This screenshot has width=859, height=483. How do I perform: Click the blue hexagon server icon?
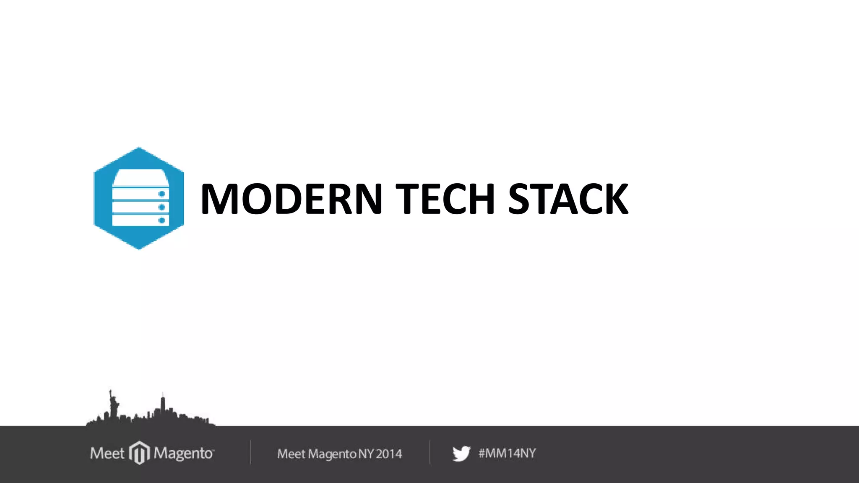(x=138, y=198)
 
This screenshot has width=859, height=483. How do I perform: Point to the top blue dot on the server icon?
(x=161, y=194)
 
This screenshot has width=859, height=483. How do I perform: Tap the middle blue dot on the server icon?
(x=161, y=207)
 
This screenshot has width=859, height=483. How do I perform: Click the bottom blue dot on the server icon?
(x=161, y=220)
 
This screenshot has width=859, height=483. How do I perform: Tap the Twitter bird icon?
(x=461, y=454)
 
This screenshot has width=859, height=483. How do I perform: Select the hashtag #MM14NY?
(x=507, y=453)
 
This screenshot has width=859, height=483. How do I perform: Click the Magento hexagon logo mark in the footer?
(x=139, y=453)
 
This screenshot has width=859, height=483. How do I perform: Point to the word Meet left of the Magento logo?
(x=107, y=453)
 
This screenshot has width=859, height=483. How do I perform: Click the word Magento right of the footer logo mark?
(x=183, y=454)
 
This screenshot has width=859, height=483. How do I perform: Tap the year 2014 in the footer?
(x=389, y=454)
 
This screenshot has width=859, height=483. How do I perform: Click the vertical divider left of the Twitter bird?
(x=429, y=452)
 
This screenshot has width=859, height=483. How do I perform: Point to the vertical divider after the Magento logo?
(x=250, y=452)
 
